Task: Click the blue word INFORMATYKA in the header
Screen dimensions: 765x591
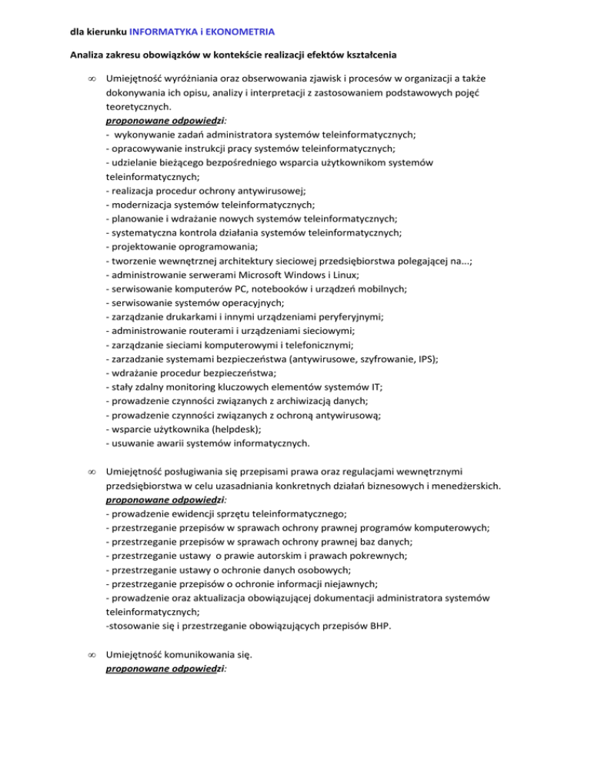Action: tap(163, 32)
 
